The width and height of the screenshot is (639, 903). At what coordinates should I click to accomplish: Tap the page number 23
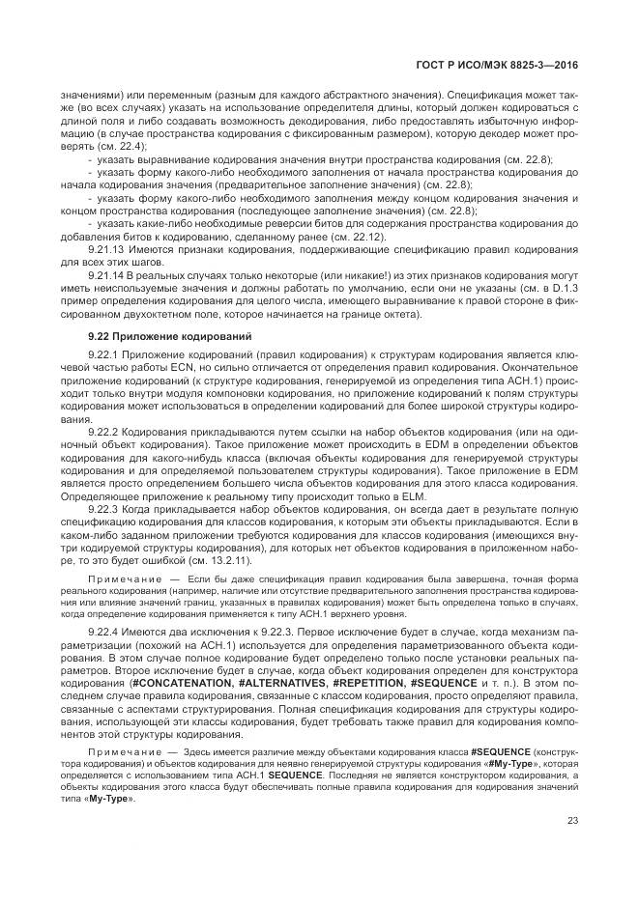click(572, 821)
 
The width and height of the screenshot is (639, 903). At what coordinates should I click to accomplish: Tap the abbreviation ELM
click(426, 495)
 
